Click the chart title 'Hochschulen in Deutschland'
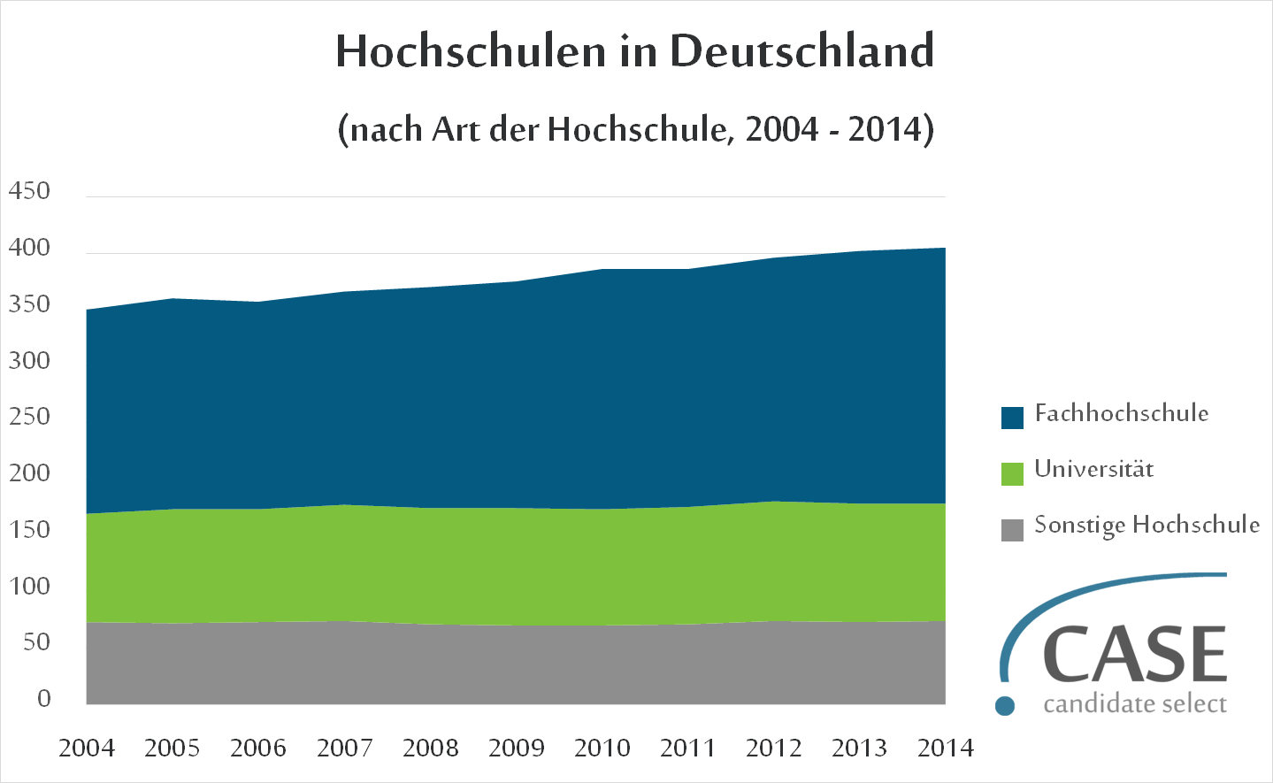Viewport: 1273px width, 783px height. click(634, 51)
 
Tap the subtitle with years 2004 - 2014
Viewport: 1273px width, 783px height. click(635, 129)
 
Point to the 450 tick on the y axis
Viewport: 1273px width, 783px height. click(29, 191)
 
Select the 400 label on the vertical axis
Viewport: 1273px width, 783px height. click(29, 248)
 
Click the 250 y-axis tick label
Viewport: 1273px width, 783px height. click(29, 417)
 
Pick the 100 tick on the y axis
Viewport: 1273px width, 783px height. click(29, 586)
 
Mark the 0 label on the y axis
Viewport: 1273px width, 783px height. click(44, 698)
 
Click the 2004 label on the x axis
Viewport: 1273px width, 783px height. click(87, 748)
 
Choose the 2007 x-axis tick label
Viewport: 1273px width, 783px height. click(345, 748)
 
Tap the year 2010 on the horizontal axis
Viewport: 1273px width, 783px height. click(602, 748)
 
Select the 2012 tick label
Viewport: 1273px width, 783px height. click(774, 748)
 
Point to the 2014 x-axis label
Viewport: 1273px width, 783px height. click(946, 748)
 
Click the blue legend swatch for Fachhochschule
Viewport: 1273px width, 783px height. click(1012, 418)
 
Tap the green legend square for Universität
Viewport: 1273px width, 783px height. click(1012, 473)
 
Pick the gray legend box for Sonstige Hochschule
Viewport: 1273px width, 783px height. click(1012, 530)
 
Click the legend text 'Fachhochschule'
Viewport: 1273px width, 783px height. click(1121, 413)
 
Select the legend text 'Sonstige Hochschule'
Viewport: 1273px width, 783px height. click(1146, 526)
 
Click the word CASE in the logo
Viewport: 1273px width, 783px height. click(1135, 655)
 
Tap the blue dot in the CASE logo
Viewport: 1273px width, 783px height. click(1005, 706)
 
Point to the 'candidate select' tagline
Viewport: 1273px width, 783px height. click(1135, 704)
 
